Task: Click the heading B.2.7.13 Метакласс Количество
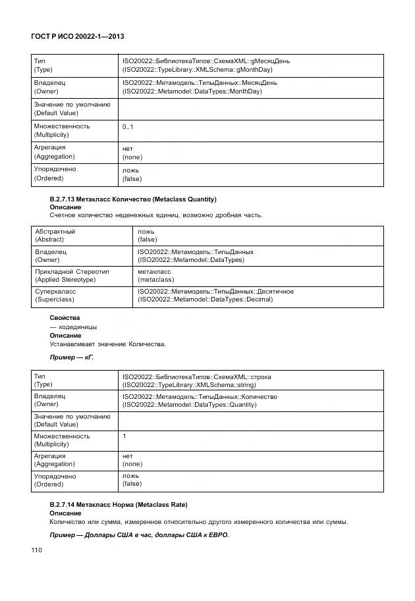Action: coord(133,199)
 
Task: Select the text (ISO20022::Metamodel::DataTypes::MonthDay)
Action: coord(192,91)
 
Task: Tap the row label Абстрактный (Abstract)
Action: coord(55,236)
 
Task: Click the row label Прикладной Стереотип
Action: coord(72,271)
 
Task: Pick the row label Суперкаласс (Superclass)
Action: coord(55,296)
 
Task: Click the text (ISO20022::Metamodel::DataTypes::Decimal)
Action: coord(205,300)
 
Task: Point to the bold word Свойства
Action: coord(65,318)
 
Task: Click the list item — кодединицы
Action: coord(73,327)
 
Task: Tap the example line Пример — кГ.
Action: coord(72,356)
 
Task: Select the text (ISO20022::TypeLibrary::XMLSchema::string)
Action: coord(189,385)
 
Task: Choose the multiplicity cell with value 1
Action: coord(124,436)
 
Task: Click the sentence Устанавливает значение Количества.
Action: coord(108,344)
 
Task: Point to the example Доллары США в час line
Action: coord(139,535)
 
